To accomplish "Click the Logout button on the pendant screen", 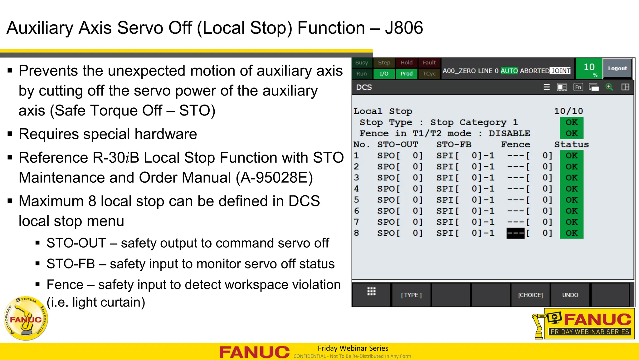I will (x=617, y=68).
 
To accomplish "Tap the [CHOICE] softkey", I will (x=530, y=295).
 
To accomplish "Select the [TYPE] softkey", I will (x=411, y=295).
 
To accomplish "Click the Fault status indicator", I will (x=429, y=63).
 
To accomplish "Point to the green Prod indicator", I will (x=407, y=74).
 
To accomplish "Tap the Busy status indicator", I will (x=362, y=63).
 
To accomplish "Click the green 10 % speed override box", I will (x=589, y=68).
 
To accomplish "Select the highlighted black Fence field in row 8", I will (x=515, y=233).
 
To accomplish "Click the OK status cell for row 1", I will (x=571, y=155).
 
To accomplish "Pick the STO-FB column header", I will (x=454, y=145).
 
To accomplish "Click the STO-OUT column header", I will (x=398, y=145).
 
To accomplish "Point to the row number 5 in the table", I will (x=357, y=200).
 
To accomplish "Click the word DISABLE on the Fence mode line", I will (x=509, y=134).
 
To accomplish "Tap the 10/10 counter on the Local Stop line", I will (x=568, y=111).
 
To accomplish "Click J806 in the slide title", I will (x=404, y=28).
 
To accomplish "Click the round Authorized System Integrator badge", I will (x=26, y=318).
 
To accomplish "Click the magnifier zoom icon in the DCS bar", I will (x=609, y=87).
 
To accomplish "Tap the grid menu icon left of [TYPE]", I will (x=371, y=292).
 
